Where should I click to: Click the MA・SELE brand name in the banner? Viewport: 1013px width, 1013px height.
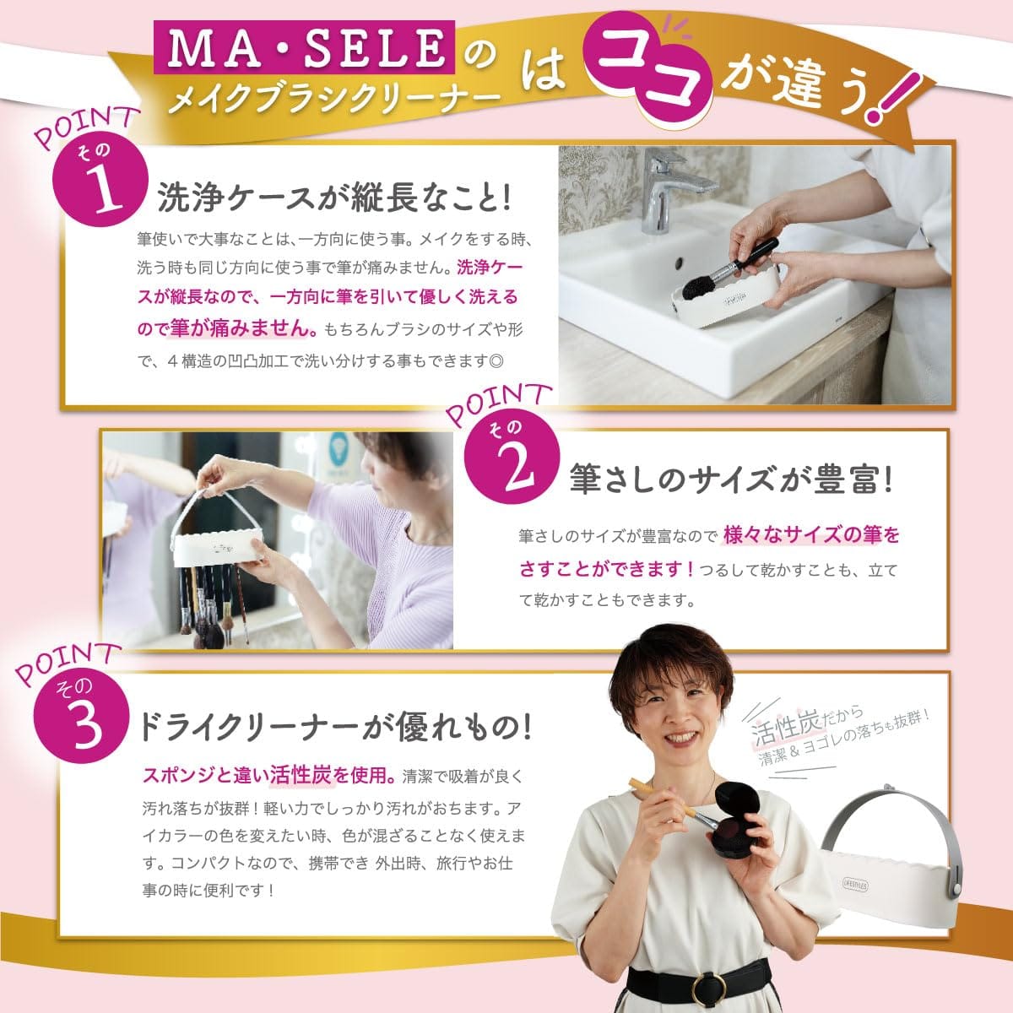tap(305, 47)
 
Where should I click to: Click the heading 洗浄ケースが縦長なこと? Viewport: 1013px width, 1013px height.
tap(334, 197)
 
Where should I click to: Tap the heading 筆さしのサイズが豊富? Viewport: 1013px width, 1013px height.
tap(731, 479)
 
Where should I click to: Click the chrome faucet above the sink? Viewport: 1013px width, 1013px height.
tap(668, 189)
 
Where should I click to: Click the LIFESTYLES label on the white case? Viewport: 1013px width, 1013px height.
tap(855, 885)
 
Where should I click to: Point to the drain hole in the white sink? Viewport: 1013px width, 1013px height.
tap(680, 261)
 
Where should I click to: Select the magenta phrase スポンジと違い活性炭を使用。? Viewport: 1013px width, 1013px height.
tap(268, 775)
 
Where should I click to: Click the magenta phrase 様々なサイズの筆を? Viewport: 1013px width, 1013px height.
tap(811, 536)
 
